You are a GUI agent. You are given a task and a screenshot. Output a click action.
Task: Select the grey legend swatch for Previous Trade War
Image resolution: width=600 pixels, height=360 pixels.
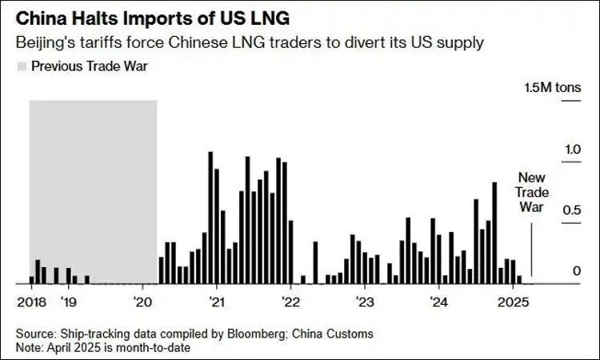21,66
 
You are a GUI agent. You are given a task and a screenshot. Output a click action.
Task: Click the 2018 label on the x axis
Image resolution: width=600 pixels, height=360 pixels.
30,302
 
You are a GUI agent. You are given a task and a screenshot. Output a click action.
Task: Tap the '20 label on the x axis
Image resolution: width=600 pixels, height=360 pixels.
143,302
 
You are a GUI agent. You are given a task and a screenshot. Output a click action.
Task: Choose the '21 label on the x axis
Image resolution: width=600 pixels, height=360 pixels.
218,302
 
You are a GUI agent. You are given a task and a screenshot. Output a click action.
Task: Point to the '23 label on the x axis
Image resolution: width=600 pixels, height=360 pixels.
365,302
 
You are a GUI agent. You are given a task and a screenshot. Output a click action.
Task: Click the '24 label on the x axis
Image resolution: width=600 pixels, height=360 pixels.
438,302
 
